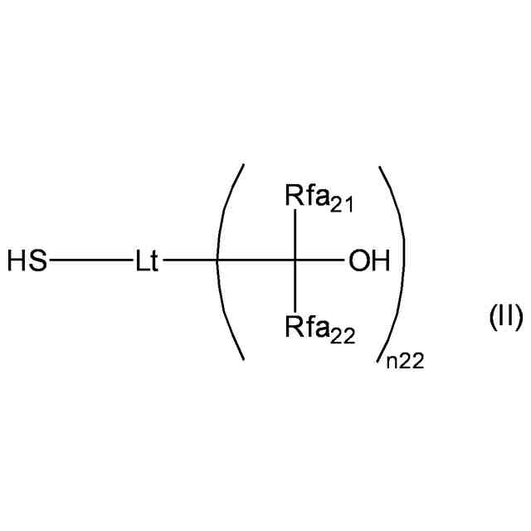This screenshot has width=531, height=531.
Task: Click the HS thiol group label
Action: pos(27,263)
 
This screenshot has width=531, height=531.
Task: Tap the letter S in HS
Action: pos(37,263)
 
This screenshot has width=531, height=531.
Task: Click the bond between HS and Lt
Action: pos(90,263)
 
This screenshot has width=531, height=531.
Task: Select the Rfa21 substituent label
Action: pos(319,199)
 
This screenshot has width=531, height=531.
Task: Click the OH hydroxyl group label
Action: pos(368,263)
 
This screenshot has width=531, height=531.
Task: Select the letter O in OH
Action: pos(359,263)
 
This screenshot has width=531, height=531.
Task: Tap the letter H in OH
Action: pos(379,263)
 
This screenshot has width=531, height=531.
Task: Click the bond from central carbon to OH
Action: pos(322,263)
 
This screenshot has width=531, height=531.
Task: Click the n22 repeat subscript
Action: pos(407,361)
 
